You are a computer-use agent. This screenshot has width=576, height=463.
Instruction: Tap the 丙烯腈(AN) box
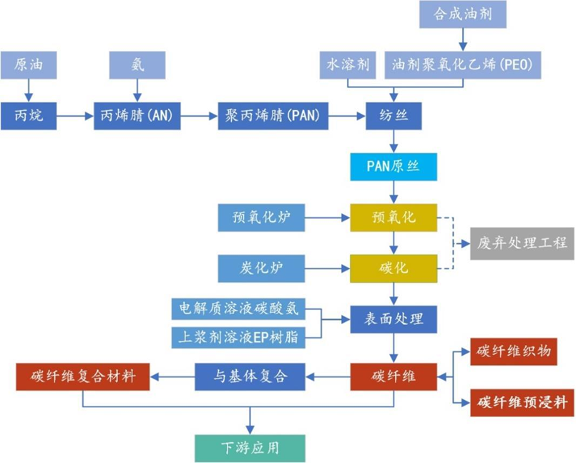point(137,115)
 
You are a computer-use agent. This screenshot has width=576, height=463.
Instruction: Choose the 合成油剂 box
point(462,14)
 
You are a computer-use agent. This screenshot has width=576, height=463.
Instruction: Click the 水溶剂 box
point(348,65)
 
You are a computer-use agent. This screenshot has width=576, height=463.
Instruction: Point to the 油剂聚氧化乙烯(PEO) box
point(462,65)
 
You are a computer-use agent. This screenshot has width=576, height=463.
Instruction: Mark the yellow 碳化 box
point(392,268)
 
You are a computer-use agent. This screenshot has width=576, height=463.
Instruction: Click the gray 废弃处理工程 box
point(522,243)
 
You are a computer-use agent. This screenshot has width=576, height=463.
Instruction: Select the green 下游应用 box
point(249,448)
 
